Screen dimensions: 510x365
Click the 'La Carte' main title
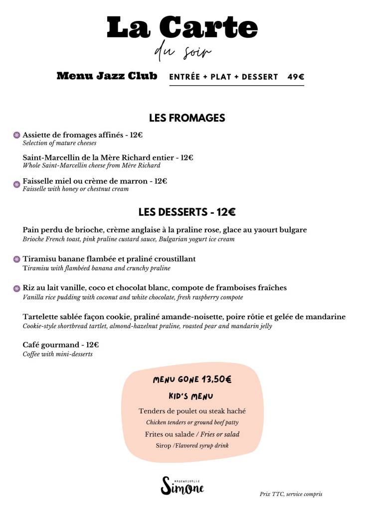pyautogui.click(x=182, y=27)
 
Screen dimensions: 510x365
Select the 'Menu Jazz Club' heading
pyautogui.click(x=107, y=76)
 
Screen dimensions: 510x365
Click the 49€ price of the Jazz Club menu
pyautogui.click(x=296, y=77)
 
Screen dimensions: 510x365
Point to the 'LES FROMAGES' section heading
pyautogui.click(x=187, y=118)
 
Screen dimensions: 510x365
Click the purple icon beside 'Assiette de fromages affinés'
pyautogui.click(x=16, y=135)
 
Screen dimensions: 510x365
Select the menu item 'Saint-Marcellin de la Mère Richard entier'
pyautogui.click(x=108, y=157)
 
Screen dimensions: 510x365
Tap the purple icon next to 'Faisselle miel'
pyautogui.click(x=16, y=184)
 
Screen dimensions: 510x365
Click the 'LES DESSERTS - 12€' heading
pyautogui.click(x=187, y=212)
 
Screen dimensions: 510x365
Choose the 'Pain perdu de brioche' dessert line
pyautogui.click(x=165, y=230)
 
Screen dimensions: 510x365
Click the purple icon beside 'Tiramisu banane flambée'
pyautogui.click(x=16, y=259)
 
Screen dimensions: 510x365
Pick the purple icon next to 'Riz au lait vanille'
pyautogui.click(x=16, y=288)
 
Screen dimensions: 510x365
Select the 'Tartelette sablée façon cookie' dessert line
pyautogui.click(x=184, y=317)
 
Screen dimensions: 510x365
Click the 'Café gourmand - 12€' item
pyautogui.click(x=61, y=345)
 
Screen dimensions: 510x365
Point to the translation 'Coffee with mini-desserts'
pyautogui.click(x=57, y=354)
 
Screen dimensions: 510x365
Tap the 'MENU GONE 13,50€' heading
pyautogui.click(x=192, y=380)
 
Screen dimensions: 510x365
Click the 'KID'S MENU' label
pyautogui.click(x=191, y=396)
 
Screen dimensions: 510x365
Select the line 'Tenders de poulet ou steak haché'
pyautogui.click(x=192, y=411)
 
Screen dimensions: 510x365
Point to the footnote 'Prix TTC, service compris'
pyautogui.click(x=291, y=494)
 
